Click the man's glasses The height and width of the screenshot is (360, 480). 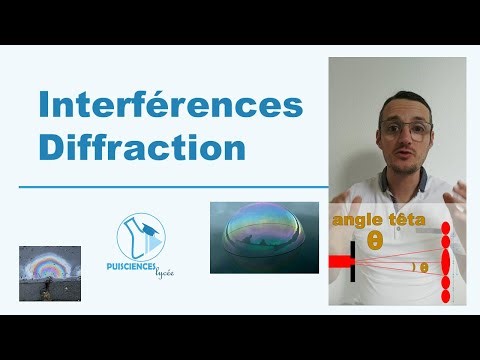405,127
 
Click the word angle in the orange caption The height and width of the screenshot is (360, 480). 357,217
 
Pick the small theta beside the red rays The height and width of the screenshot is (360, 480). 423,267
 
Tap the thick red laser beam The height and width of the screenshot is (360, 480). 339,262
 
